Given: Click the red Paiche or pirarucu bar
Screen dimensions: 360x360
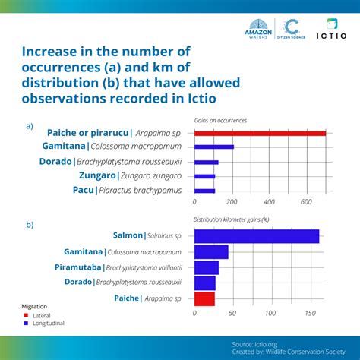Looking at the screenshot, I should pyautogui.click(x=260, y=133).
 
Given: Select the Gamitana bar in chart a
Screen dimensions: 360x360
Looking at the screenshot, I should pyautogui.click(x=214, y=147).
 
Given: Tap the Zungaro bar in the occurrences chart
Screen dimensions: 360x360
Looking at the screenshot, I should pyautogui.click(x=205, y=176).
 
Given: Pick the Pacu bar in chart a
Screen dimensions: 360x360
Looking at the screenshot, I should pyautogui.click(x=205, y=191).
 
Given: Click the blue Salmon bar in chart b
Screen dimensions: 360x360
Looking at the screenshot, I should pyautogui.click(x=257, y=235).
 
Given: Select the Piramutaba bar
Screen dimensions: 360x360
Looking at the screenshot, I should pyautogui.click(x=207, y=267).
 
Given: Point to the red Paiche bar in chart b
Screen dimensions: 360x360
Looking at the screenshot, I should pyautogui.click(x=205, y=299).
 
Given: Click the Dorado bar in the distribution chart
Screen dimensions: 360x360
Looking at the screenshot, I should pyautogui.click(x=205, y=283).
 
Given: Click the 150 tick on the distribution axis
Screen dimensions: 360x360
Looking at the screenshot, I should pyautogui.click(x=311, y=313).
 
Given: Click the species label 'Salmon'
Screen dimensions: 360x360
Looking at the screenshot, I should pyautogui.click(x=128, y=235).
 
